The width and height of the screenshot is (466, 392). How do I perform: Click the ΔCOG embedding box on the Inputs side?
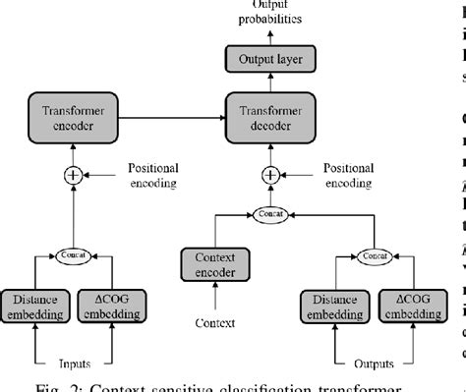pyautogui.click(x=107, y=308)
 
